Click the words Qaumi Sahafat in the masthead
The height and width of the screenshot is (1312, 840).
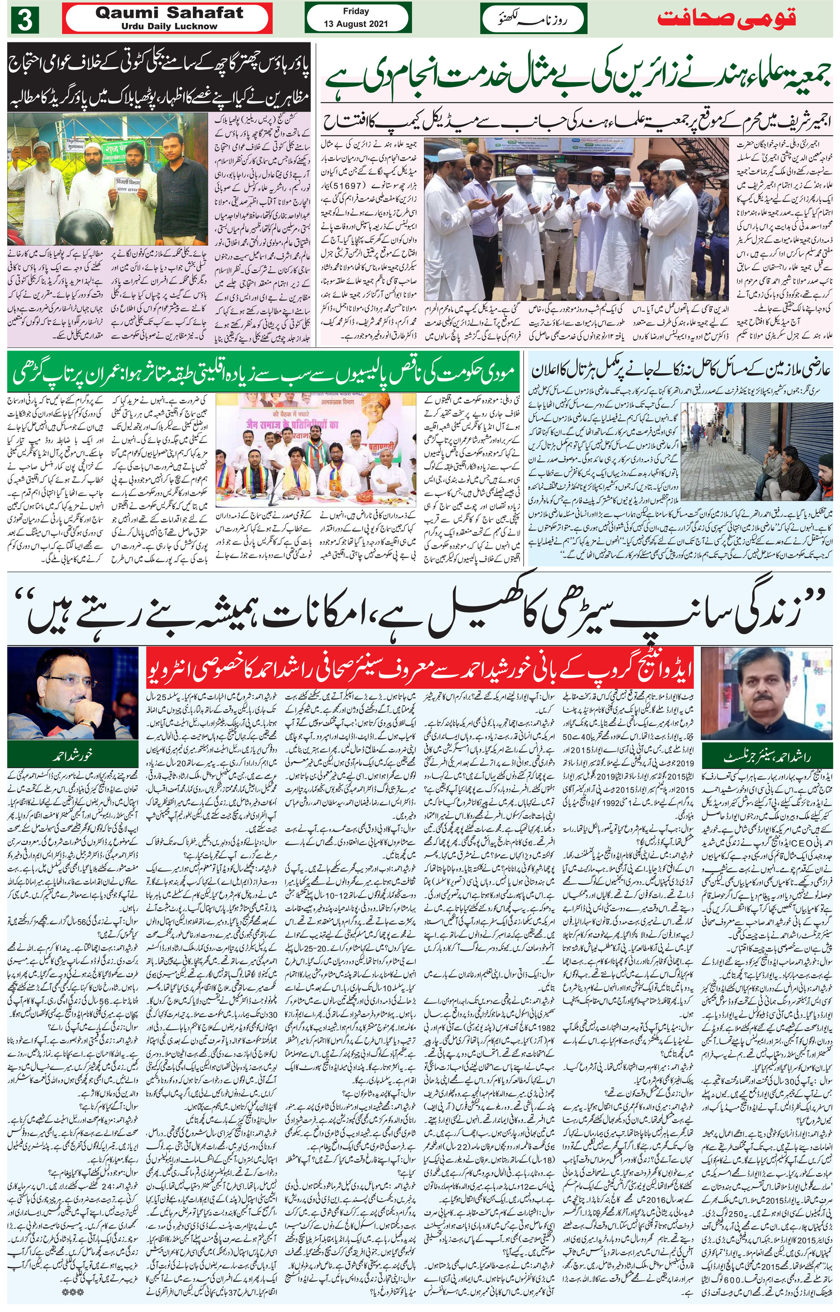coord(169,13)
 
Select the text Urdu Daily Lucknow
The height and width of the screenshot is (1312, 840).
coord(169,26)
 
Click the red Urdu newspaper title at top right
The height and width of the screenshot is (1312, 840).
coord(726,18)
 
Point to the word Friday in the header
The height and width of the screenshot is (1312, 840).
coord(356,11)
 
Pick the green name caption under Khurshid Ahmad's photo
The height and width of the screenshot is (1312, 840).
coord(73,756)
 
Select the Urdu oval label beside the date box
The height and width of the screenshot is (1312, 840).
coord(533,19)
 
